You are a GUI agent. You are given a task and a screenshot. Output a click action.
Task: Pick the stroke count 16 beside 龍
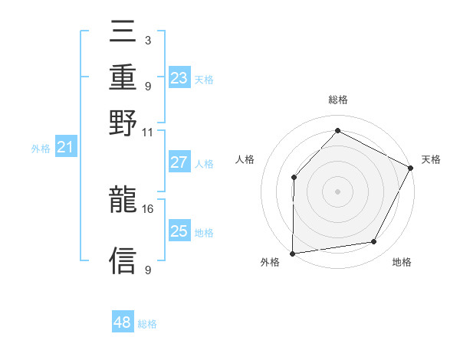pos(148,208)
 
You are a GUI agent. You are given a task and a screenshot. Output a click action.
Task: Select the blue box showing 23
pos(179,78)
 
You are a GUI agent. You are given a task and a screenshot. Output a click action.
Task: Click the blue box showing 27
pos(179,162)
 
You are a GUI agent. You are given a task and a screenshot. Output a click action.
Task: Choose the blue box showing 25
pos(179,231)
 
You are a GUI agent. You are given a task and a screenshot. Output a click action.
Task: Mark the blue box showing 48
pos(123,322)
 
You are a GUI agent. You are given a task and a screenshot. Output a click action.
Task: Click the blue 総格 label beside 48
pos(147,324)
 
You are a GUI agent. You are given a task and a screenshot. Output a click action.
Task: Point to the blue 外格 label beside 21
pos(40,149)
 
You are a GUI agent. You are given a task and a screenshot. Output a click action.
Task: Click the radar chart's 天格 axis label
pos(431,159)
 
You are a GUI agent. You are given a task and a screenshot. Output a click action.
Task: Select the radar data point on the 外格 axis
pos(292,253)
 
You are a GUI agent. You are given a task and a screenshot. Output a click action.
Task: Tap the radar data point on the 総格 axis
pos(337,130)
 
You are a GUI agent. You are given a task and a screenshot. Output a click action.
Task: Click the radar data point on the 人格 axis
pos(294,177)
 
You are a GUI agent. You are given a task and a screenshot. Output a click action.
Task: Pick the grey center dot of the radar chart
pos(337,191)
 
